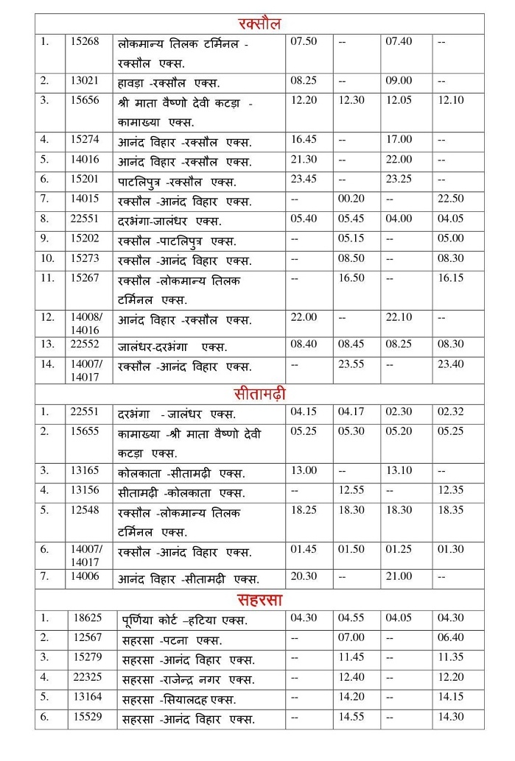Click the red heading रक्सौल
[x=259, y=24]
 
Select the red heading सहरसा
[x=259, y=599]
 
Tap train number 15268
[x=85, y=42]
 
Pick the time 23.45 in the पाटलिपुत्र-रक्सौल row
[x=304, y=179]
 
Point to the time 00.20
[x=351, y=199]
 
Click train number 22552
[x=85, y=344]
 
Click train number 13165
[x=85, y=470]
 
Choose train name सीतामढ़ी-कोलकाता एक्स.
[x=181, y=492]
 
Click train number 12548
[x=85, y=510]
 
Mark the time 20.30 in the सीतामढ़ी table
[x=304, y=577]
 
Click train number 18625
[x=88, y=618]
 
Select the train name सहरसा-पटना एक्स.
[x=172, y=640]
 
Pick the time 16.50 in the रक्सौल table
[x=351, y=278]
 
